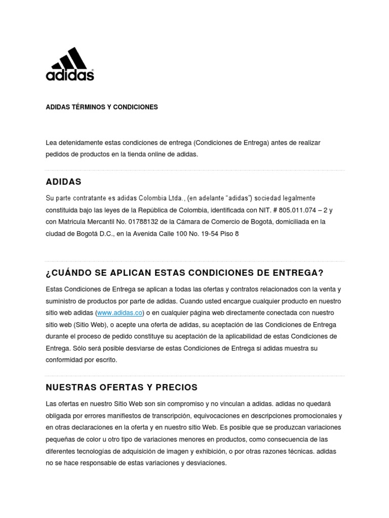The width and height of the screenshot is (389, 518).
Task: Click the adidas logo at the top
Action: coord(70,64)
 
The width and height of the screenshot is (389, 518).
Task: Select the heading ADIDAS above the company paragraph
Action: coord(63,182)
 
